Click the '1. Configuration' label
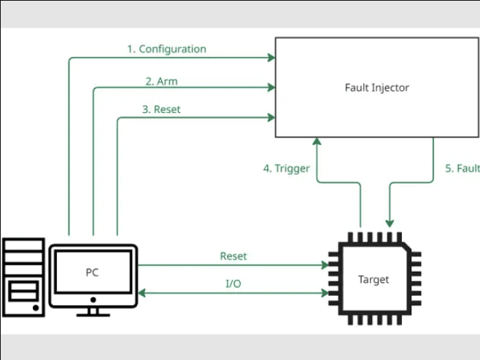(166, 50)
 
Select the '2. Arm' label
(161, 81)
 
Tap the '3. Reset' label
(161, 109)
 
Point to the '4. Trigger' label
(287, 168)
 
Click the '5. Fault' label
(462, 168)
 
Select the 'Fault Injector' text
(376, 88)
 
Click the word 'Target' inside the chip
(373, 279)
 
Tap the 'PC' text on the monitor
(92, 273)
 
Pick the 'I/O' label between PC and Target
(233, 283)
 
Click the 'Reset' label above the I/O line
(233, 257)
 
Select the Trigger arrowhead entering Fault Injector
(317, 141)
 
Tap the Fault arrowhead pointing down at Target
(391, 222)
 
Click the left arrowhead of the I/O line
(143, 293)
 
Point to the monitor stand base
(93, 314)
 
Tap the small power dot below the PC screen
(93, 299)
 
